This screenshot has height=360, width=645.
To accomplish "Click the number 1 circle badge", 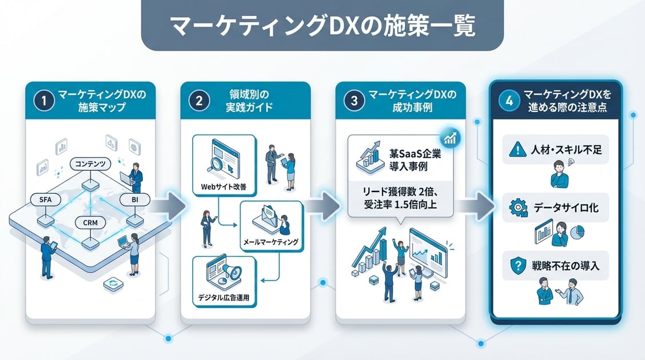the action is click(44, 100).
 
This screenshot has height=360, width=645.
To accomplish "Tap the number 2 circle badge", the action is click(199, 100).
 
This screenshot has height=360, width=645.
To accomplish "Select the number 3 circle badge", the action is click(354, 100).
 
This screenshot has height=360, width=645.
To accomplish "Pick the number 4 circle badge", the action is click(509, 100).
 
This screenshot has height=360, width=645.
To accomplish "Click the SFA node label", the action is click(46, 200).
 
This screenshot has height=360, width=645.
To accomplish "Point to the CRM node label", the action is click(90, 223).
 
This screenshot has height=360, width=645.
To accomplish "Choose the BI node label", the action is click(135, 200).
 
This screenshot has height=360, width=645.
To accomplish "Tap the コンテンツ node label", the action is click(90, 163).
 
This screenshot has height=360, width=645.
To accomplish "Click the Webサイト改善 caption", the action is click(224, 187).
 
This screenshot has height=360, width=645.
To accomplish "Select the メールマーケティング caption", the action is click(270, 242).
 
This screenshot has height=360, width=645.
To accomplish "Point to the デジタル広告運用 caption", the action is click(224, 297).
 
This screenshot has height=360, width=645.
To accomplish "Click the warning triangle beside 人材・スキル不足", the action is click(517, 149).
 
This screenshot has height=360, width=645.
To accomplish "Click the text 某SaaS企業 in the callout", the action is click(415, 154).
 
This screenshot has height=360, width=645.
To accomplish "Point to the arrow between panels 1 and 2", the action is click(168, 206).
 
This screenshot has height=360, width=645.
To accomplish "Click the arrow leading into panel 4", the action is click(476, 206).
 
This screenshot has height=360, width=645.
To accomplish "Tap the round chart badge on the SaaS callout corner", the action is click(450, 138).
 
